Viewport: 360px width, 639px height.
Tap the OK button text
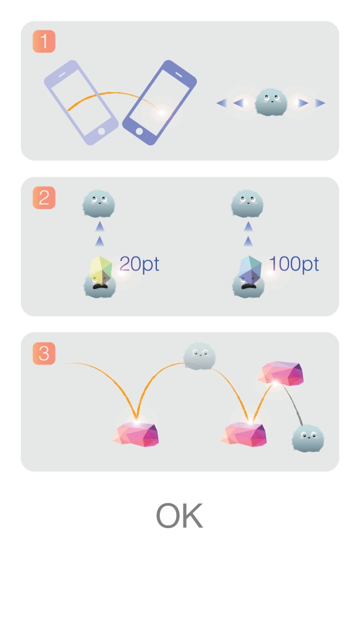point(179,516)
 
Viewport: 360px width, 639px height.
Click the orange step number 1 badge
point(44,42)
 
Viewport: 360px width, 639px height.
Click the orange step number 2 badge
point(44,198)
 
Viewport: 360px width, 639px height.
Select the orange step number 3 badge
point(44,353)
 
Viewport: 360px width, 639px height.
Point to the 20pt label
point(139,264)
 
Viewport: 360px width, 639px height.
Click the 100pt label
point(294,264)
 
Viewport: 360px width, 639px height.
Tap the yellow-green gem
point(101,268)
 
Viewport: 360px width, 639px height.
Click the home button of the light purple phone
point(101,131)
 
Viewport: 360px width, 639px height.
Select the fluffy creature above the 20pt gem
point(99,204)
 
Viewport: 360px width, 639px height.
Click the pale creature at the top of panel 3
point(199,356)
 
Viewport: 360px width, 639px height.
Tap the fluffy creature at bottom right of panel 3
point(308,438)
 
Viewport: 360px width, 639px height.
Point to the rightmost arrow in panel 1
point(320,103)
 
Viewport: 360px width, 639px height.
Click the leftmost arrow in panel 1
point(222,103)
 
